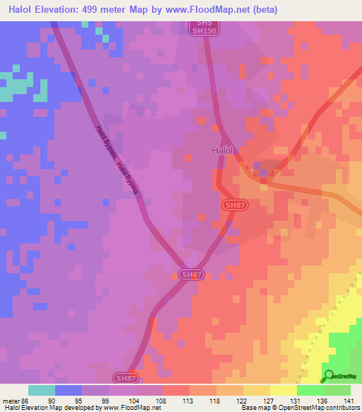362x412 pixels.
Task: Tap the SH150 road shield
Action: tap(205, 31)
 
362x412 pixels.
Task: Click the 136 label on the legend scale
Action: tap(323, 399)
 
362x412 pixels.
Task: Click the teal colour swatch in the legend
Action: tap(42, 390)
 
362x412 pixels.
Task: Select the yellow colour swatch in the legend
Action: tap(284, 390)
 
